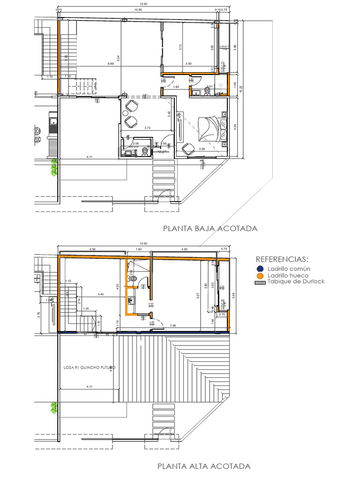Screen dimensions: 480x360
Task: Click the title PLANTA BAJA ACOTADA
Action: pyautogui.click(x=210, y=229)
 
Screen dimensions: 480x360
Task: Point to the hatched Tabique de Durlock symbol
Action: pyautogui.click(x=259, y=282)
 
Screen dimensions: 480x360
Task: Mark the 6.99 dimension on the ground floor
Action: pyautogui.click(x=110, y=63)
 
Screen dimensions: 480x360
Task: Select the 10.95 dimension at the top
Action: pyautogui.click(x=138, y=10)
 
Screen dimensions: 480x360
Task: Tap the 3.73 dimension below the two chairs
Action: pyautogui.click(x=147, y=127)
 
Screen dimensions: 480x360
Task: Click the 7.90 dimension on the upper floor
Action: pyautogui.click(x=173, y=325)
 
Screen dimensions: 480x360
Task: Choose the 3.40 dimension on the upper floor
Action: pyautogui.click(x=100, y=294)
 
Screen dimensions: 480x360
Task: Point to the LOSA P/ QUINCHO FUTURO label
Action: pyautogui.click(x=89, y=367)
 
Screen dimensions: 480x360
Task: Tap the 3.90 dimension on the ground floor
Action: pyautogui.click(x=188, y=63)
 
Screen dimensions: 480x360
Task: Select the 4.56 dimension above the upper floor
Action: pyautogui.click(x=92, y=249)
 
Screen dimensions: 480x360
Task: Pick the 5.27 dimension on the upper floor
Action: pyautogui.click(x=198, y=295)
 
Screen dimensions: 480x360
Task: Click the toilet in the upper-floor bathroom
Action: pyautogui.click(x=135, y=278)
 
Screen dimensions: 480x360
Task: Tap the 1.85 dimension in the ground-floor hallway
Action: pyautogui.click(x=176, y=87)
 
